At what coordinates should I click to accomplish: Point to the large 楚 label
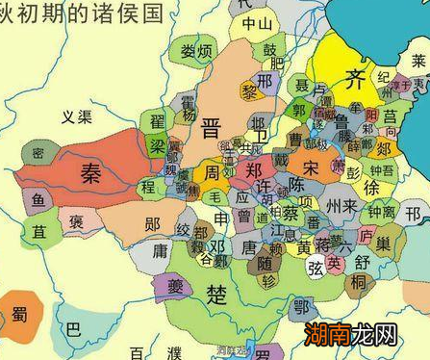tap(219, 295)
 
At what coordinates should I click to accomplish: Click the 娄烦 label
tap(195, 51)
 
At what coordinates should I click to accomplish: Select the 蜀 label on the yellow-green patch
tap(18, 315)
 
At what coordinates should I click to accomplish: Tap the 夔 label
tap(175, 285)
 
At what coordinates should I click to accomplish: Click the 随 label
tap(263, 261)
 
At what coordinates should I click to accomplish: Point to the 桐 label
tap(358, 282)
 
